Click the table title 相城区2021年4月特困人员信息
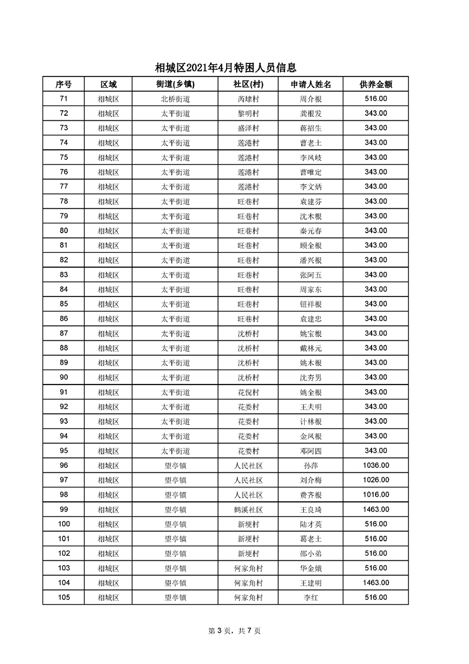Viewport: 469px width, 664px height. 226,68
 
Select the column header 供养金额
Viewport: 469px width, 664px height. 376,84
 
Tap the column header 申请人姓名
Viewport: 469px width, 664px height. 310,84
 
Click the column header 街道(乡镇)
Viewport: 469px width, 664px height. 175,84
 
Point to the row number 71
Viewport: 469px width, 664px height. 63,99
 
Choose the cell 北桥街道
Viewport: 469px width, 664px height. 175,99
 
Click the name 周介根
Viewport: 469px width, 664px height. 310,99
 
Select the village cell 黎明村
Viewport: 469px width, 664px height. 248,113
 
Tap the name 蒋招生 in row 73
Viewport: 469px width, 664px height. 310,128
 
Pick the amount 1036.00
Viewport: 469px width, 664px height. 376,466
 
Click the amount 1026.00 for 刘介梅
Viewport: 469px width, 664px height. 376,480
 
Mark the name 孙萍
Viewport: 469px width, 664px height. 310,466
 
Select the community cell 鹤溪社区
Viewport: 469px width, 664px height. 248,510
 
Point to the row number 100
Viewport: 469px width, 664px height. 63,524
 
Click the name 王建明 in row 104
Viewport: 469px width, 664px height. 310,583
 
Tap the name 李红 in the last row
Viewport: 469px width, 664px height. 310,598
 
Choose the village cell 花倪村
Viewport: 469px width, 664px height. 248,392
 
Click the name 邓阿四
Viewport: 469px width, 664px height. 310,451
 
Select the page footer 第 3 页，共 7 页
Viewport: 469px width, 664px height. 234,631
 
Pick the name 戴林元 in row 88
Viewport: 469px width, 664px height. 310,348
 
